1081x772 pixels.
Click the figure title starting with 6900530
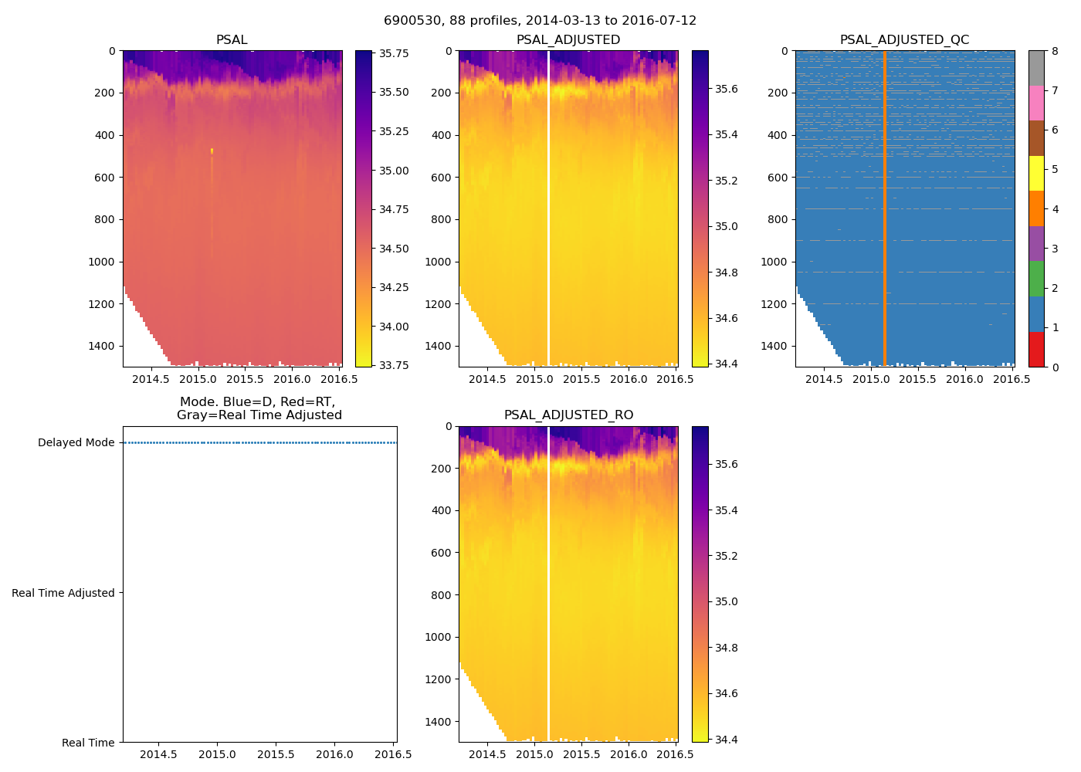pyautogui.click(x=540, y=21)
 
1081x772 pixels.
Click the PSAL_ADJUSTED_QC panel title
pyautogui.click(x=904, y=40)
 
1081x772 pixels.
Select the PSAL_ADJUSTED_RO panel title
pyautogui.click(x=568, y=415)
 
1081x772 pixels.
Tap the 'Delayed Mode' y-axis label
pyautogui.click(x=76, y=443)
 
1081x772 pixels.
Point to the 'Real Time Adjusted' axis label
pyautogui.click(x=63, y=593)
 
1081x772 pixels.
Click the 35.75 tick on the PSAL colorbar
pyautogui.click(x=394, y=53)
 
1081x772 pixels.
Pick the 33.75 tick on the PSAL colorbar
pyautogui.click(x=394, y=364)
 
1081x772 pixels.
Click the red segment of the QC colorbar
pyautogui.click(x=1036, y=349)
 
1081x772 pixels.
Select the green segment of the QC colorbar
pyautogui.click(x=1036, y=279)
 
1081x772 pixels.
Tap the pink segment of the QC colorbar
pyautogui.click(x=1036, y=103)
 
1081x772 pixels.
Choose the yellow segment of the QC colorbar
pyautogui.click(x=1036, y=174)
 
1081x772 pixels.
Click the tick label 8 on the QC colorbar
pyautogui.click(x=1055, y=52)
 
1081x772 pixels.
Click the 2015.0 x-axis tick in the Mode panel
pyautogui.click(x=217, y=754)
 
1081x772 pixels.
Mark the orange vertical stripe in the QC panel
pyautogui.click(x=884, y=208)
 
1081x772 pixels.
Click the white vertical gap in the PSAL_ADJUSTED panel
pyautogui.click(x=548, y=208)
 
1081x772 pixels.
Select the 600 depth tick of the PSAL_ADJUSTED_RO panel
pyautogui.click(x=440, y=553)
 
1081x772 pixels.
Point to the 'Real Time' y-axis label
pyautogui.click(x=88, y=743)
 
